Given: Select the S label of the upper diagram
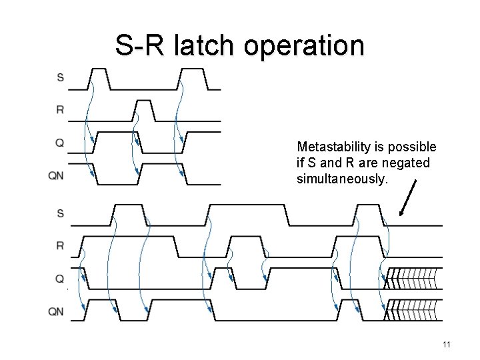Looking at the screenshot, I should coord(61,77).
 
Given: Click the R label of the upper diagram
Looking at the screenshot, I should coord(61,110).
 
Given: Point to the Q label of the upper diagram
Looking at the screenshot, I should coord(60,142).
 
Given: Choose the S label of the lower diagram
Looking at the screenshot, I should coord(61,213).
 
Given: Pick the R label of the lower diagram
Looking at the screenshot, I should coord(61,246).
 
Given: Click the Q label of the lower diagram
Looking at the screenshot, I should coord(60,279).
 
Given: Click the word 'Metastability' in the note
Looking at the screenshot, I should coord(331,146).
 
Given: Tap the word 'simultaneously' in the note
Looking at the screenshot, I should coord(339,178).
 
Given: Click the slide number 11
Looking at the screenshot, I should coord(447,345).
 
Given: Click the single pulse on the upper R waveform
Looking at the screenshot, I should coord(143,111).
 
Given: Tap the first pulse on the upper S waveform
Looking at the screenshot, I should coord(99,78).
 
